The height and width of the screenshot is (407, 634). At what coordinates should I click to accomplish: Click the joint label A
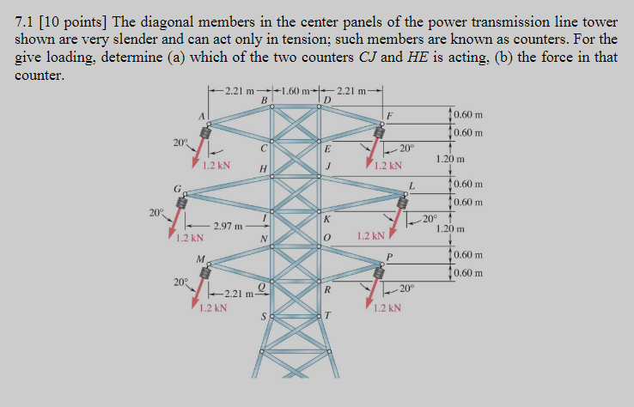tap(203, 116)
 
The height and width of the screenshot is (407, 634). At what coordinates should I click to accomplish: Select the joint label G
tap(177, 189)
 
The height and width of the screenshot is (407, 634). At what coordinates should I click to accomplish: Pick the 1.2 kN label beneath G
tap(186, 238)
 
